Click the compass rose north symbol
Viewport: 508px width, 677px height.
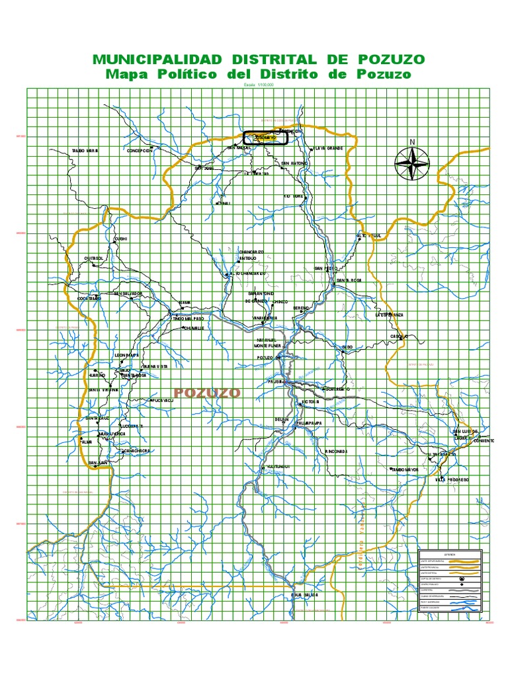(x=411, y=162)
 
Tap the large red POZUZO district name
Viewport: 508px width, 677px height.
(x=207, y=393)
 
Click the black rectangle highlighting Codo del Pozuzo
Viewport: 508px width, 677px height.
(x=265, y=137)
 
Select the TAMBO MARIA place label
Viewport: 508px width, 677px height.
(x=85, y=151)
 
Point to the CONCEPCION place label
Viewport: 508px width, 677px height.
(x=140, y=150)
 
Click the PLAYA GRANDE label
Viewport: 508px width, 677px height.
(x=329, y=148)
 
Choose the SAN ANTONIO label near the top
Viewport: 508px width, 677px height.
(x=294, y=163)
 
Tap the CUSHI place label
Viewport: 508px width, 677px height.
(x=121, y=239)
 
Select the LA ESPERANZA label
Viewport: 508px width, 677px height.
(x=389, y=315)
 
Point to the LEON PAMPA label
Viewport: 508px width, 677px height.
(x=128, y=355)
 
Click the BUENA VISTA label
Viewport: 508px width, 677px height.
(x=155, y=366)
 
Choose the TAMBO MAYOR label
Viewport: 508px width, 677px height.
(x=405, y=469)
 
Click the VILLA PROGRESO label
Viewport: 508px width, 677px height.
(x=452, y=479)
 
